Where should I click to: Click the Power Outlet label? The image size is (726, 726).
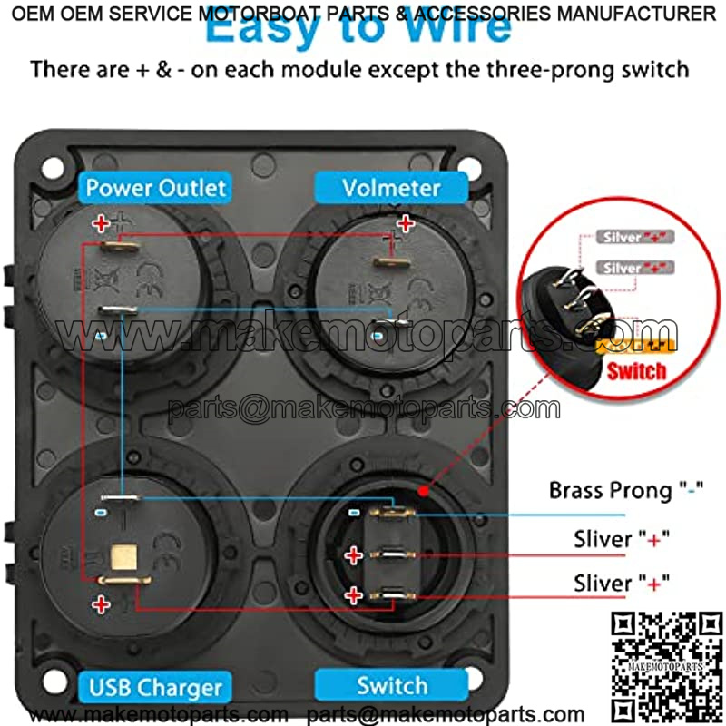point(155,189)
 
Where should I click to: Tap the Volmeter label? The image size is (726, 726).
point(391,189)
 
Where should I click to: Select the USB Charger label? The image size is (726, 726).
point(155,687)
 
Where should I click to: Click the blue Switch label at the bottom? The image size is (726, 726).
point(392,685)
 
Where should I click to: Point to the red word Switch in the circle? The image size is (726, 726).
point(636,370)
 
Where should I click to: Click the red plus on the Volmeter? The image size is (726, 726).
point(407,222)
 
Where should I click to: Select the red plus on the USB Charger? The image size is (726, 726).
point(102,603)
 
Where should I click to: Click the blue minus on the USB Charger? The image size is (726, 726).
point(102,513)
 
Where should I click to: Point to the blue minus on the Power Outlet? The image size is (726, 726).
point(102,335)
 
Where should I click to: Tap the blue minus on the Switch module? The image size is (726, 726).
point(355,513)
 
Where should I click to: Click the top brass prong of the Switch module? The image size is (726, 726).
point(391,513)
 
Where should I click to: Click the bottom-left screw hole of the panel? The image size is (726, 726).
point(56,679)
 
